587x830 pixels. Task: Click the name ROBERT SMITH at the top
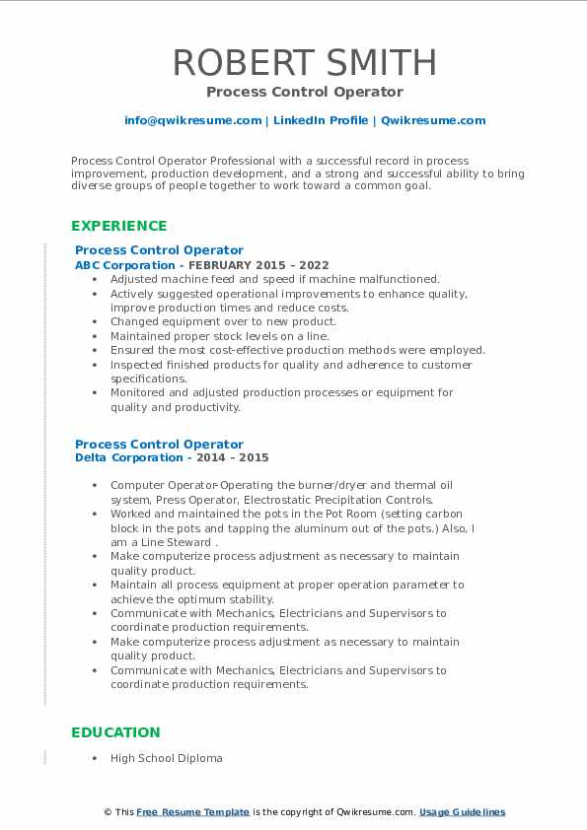pyautogui.click(x=304, y=62)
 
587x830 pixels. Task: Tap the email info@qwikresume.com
pyautogui.click(x=192, y=120)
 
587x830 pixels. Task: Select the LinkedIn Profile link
pyautogui.click(x=319, y=120)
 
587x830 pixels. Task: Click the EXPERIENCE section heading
pyautogui.click(x=119, y=226)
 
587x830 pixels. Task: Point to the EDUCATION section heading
pyautogui.click(x=115, y=732)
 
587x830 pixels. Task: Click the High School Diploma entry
pyautogui.click(x=167, y=758)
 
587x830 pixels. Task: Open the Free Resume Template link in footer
pyautogui.click(x=193, y=812)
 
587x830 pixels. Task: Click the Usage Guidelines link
pyautogui.click(x=462, y=812)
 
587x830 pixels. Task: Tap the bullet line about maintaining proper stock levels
pyautogui.click(x=219, y=336)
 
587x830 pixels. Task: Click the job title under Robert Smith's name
pyautogui.click(x=304, y=92)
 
